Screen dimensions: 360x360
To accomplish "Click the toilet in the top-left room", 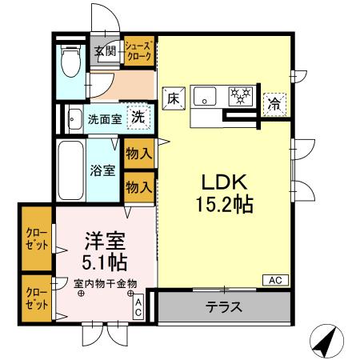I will tap(70, 60).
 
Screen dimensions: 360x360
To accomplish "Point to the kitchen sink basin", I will tap(205, 98).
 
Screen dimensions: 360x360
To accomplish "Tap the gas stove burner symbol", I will tap(239, 97).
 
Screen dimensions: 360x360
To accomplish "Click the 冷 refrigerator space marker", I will tap(274, 102).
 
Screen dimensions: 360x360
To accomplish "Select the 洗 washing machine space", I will tap(138, 116).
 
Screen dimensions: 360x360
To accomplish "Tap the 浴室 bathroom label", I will tap(102, 170).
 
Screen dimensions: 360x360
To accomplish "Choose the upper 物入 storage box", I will tap(138, 151).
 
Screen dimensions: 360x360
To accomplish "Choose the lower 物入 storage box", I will tap(138, 186).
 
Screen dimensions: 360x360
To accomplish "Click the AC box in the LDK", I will tap(274, 280).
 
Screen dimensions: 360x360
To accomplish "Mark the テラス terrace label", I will tap(223, 307).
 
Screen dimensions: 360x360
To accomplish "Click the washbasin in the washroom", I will tap(74, 114).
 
